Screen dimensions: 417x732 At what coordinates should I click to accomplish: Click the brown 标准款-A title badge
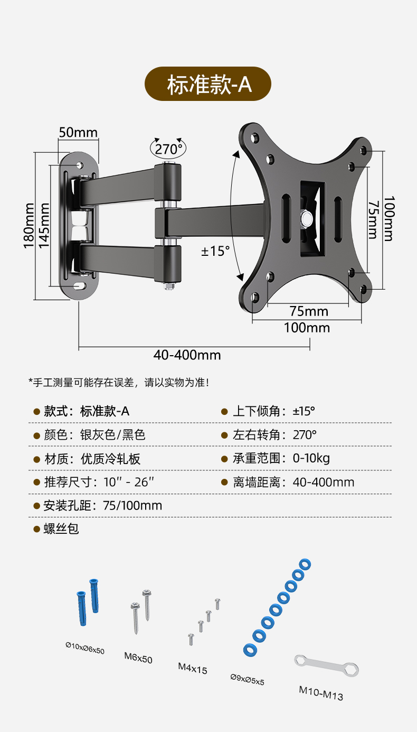click(x=208, y=85)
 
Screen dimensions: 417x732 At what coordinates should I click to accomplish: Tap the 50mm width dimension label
click(x=78, y=132)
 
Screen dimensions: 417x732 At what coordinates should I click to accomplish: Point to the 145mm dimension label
click(x=45, y=225)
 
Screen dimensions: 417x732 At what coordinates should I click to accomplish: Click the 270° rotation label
click(x=168, y=149)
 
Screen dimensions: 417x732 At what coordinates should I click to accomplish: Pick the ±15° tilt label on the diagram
click(x=215, y=251)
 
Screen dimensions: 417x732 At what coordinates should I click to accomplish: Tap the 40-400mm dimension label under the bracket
click(x=187, y=355)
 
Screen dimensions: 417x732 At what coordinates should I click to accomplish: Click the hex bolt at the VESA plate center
click(x=306, y=217)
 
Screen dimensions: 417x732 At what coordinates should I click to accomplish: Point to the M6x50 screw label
click(x=138, y=659)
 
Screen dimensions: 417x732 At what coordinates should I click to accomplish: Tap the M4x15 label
click(x=193, y=669)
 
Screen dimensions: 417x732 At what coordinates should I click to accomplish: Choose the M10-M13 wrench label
click(x=321, y=692)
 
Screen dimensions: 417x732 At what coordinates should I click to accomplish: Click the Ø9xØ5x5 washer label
click(x=248, y=680)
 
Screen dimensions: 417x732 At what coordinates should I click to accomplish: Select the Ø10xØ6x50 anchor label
click(x=85, y=648)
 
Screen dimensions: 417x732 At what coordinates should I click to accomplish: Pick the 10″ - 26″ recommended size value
click(x=129, y=482)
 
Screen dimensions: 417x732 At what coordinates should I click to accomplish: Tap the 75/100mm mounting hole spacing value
click(x=132, y=506)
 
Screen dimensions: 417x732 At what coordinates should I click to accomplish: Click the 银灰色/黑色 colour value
click(x=112, y=435)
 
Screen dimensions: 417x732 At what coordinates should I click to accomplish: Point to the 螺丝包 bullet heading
click(x=61, y=529)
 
